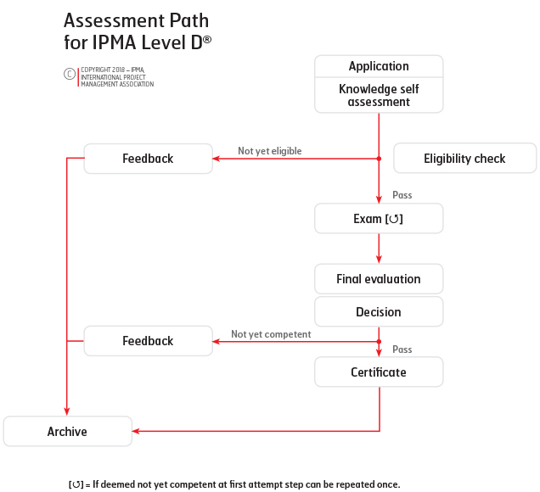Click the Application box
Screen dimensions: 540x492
point(379,66)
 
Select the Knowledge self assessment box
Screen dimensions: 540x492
point(379,95)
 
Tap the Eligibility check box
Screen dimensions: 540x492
point(465,159)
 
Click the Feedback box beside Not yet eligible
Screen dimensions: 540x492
point(148,159)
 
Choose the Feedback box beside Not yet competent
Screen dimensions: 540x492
point(148,341)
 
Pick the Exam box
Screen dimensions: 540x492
point(379,219)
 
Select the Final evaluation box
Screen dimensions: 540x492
point(379,279)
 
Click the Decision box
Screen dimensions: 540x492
point(379,311)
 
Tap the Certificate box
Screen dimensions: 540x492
point(379,372)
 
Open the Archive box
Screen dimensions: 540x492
point(68,432)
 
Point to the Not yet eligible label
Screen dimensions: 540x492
point(270,151)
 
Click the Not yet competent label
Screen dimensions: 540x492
point(271,334)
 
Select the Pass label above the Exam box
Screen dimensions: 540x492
point(402,195)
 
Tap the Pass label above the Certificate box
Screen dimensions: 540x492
point(402,349)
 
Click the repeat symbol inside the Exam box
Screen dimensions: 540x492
point(394,219)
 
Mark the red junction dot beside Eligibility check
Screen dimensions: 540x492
point(379,159)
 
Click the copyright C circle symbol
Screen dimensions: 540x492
point(70,74)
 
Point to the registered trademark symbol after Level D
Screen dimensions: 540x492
point(207,40)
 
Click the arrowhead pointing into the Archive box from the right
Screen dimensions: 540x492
point(136,431)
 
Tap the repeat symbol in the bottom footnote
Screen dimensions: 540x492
point(76,484)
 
